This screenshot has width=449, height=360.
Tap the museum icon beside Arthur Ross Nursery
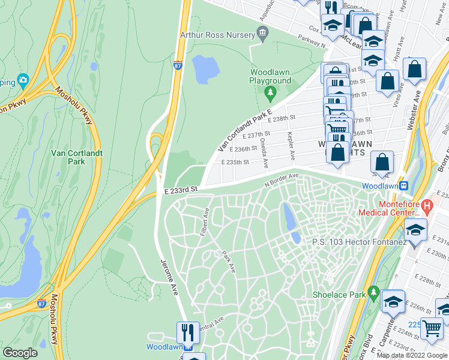tap(262, 35)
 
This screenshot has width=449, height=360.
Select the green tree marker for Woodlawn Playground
tap(270, 92)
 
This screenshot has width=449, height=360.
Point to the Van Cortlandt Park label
tap(77, 157)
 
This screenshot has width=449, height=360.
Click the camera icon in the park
tap(23, 80)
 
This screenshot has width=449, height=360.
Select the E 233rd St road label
tap(181, 190)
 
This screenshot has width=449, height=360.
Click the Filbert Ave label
tap(206, 221)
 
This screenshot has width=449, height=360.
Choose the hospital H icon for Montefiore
tap(427, 207)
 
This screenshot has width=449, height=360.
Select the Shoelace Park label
tap(339, 295)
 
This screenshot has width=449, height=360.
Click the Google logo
tap(20, 352)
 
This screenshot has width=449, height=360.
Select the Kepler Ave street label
tap(291, 146)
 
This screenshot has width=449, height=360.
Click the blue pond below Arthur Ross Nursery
tap(205, 69)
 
